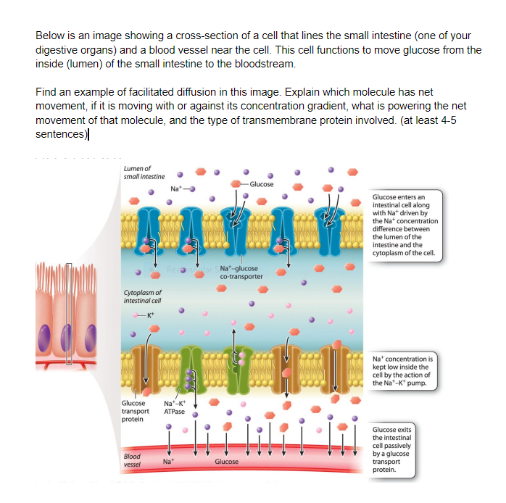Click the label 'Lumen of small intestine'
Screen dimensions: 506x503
pyautogui.click(x=144, y=171)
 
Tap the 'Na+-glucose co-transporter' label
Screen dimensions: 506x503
pyautogui.click(x=240, y=273)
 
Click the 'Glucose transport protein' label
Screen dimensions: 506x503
pyautogui.click(x=136, y=410)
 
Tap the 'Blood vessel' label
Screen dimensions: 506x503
pyautogui.click(x=132, y=460)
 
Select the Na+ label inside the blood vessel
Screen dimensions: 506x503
pyautogui.click(x=168, y=461)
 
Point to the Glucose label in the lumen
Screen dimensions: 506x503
pyautogui.click(x=262, y=184)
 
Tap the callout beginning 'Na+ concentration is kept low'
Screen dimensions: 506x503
pyautogui.click(x=402, y=371)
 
